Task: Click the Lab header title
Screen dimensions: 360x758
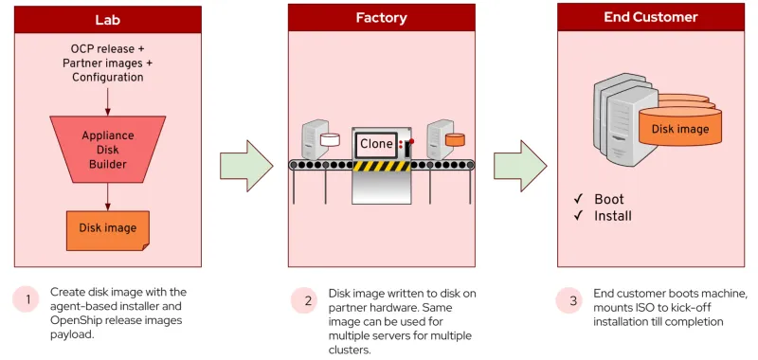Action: click(x=107, y=20)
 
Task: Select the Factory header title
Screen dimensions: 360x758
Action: click(x=382, y=18)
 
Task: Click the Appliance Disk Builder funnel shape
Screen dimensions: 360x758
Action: click(x=107, y=149)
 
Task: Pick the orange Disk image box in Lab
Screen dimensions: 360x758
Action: click(x=107, y=228)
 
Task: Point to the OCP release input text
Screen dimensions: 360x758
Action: click(x=108, y=49)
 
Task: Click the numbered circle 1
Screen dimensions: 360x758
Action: click(x=27, y=299)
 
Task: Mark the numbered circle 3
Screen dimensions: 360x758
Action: click(x=572, y=301)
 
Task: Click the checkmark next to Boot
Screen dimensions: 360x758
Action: click(x=578, y=199)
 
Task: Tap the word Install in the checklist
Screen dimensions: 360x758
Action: click(x=612, y=216)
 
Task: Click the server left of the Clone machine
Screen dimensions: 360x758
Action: click(x=314, y=140)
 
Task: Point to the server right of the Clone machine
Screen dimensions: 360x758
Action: click(x=438, y=140)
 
